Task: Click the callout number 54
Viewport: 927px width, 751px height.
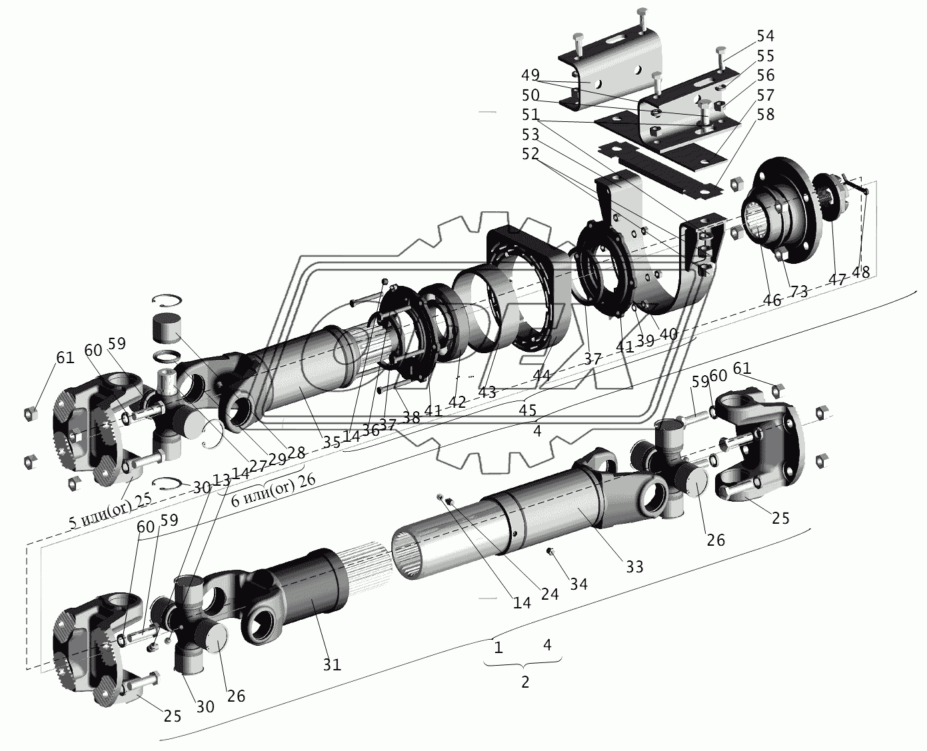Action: tap(765, 35)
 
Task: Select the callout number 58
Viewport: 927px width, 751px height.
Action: tap(765, 115)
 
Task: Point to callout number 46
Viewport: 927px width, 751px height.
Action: tap(772, 300)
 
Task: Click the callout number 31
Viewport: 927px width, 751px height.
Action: tap(332, 664)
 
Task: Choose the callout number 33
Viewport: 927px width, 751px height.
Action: tap(634, 566)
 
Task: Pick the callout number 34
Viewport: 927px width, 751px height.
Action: tap(578, 584)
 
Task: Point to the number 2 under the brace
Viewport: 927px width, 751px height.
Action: tap(525, 682)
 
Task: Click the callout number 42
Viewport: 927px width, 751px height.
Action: tap(457, 402)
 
